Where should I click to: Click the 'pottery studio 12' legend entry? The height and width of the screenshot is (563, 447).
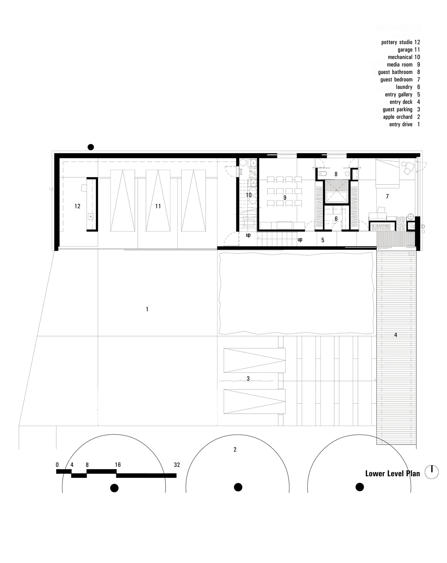click(401, 42)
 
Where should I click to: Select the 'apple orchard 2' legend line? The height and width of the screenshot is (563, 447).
click(401, 117)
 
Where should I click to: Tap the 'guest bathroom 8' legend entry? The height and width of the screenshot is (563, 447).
click(399, 72)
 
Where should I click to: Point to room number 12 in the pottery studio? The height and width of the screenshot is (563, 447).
click(77, 206)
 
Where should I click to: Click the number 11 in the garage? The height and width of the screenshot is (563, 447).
click(158, 206)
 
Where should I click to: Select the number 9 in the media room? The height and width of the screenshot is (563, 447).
click(285, 198)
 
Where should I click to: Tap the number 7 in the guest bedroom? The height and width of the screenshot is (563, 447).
click(387, 197)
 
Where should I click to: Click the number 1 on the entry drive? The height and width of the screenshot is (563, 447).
click(147, 309)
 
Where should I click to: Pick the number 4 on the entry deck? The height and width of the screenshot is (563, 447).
click(396, 335)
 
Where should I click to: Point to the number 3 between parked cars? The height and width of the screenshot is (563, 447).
click(248, 379)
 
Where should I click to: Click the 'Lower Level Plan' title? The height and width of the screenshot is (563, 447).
click(392, 473)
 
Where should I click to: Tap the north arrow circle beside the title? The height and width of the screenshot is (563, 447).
click(432, 471)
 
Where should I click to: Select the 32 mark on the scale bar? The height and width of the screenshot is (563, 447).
click(177, 465)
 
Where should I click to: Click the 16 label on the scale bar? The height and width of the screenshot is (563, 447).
click(118, 465)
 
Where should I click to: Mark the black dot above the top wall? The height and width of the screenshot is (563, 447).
click(90, 147)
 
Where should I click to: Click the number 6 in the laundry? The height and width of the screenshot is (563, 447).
click(336, 219)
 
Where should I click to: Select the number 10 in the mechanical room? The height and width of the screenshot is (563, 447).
click(249, 195)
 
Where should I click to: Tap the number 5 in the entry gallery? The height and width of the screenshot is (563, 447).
click(323, 240)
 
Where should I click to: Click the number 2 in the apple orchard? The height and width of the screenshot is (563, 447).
click(235, 449)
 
